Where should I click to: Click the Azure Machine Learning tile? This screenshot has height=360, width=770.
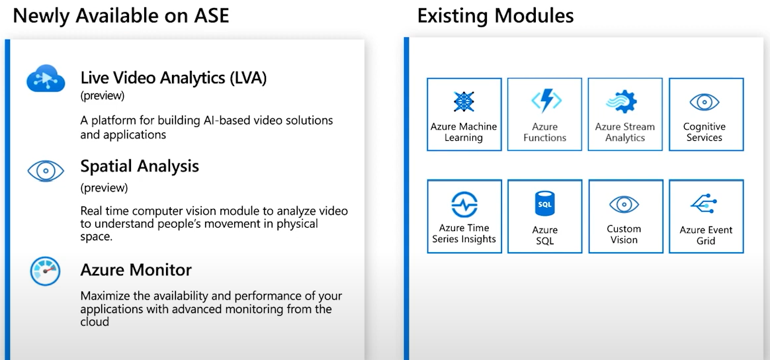coord(464,114)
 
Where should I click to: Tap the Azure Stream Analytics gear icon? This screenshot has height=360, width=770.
coord(622,103)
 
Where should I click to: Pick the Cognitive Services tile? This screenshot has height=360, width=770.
coord(706,114)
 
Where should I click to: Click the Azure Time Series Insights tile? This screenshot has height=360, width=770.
coord(464,216)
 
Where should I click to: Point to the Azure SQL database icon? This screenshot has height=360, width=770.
coord(544,203)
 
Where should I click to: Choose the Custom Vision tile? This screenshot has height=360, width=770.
coord(626,216)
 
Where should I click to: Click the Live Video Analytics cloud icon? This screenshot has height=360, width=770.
coord(46,79)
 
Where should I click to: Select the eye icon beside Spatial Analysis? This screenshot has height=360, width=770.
coord(46,171)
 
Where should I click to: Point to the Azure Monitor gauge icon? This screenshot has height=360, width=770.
coord(45,271)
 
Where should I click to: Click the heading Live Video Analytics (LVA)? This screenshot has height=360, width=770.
coord(173,78)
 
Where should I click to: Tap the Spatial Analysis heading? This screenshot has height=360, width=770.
coord(140,166)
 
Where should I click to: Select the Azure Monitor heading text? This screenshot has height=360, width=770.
coord(136,269)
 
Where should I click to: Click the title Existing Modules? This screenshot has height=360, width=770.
coord(495,16)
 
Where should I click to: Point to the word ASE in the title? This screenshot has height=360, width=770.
coord(212,16)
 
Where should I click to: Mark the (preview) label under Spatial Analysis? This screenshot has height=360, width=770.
coord(104,188)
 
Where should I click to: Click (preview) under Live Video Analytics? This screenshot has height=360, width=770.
coord(103,96)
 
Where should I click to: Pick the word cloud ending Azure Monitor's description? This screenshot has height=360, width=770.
coord(95,322)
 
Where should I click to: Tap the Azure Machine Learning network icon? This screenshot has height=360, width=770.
coord(464,101)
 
